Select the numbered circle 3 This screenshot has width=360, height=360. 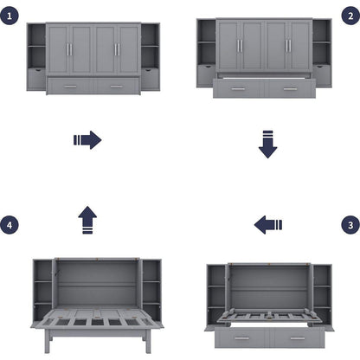pos(348,225)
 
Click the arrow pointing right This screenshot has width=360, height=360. pos(87,139)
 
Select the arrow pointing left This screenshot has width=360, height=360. pos(268,226)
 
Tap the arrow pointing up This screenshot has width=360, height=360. pos(87,220)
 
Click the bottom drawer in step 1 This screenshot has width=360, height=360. pos(93,85)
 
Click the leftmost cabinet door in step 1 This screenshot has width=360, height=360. pos(59,49)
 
